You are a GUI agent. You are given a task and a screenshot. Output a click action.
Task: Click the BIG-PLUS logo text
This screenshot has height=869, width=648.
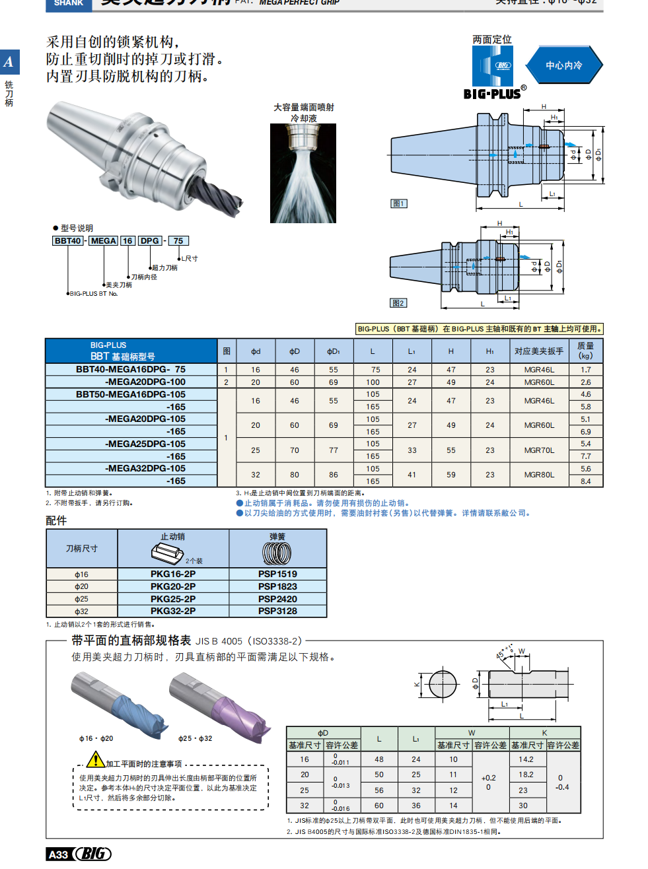coord(492,94)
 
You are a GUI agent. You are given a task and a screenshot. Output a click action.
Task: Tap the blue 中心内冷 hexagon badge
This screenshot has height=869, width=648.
coord(564,65)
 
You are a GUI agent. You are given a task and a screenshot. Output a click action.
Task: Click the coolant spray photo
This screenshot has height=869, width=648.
coord(303,173)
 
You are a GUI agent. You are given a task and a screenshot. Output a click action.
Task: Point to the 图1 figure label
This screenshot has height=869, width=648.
coord(398,203)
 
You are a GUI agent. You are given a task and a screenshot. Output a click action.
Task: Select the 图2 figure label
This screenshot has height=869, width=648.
coord(398,303)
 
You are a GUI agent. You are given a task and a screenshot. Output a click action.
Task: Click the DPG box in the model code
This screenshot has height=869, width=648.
coord(150,241)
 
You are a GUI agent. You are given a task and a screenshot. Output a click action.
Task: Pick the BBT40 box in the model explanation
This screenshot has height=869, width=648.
coord(68,241)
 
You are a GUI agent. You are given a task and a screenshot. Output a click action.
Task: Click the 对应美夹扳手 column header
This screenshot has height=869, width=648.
coord(539,351)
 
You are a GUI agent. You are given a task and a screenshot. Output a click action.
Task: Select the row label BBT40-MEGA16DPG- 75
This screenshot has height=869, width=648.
coord(131,370)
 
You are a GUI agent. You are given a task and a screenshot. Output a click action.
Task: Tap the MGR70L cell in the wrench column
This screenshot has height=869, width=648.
coord(539,450)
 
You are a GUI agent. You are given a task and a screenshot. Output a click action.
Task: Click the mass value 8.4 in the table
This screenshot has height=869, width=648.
coord(586,481)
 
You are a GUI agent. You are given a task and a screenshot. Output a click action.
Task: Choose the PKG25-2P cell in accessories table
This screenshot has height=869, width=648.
coord(173,599)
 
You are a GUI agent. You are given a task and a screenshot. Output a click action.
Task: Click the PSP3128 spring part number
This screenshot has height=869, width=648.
coord(277,611)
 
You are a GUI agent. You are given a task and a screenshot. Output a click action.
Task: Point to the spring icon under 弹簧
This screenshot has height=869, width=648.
coord(277,553)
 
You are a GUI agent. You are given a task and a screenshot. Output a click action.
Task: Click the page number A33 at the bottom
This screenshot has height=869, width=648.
coord(59,854)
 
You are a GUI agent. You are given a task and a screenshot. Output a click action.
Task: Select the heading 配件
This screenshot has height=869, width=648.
coord(56,520)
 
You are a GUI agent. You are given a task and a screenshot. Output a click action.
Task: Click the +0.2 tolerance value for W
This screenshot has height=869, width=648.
coord(489,778)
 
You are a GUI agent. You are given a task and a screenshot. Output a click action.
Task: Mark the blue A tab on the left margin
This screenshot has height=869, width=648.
coord(9,62)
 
